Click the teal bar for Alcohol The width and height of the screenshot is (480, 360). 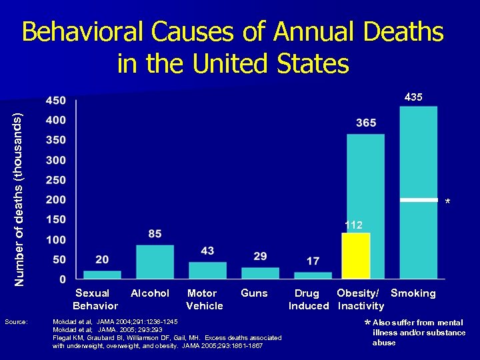(x=155, y=261)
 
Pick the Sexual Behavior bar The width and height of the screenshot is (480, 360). (x=102, y=274)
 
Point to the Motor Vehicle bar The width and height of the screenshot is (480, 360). (x=207, y=270)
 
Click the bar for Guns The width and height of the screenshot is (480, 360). (x=260, y=273)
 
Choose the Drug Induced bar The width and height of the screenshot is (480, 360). (x=313, y=275)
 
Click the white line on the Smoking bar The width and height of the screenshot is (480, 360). (x=418, y=199)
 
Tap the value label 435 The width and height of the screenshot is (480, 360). (x=413, y=97)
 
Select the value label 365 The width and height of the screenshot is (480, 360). (x=366, y=123)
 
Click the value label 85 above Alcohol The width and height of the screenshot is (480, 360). (x=155, y=234)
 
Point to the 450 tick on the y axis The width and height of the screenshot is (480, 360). (x=56, y=101)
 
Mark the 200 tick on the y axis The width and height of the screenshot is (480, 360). (x=56, y=200)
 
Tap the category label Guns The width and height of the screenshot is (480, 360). (x=254, y=293)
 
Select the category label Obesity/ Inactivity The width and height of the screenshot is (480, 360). (x=359, y=299)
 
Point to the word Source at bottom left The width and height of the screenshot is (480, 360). (x=16, y=322)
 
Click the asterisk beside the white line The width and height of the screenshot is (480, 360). (x=448, y=202)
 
